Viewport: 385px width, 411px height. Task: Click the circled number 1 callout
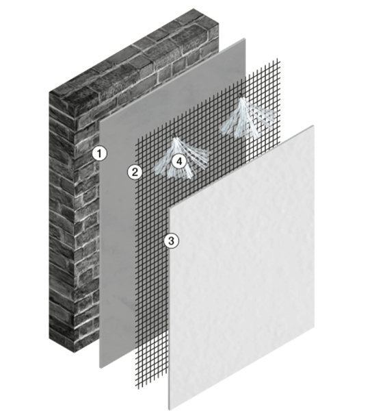coord(99,153)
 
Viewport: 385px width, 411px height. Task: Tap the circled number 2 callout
coord(135,173)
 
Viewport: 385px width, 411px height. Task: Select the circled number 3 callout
coord(172,240)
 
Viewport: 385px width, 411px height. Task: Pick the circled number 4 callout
coord(179,161)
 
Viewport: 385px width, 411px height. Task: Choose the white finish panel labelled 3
coord(241,267)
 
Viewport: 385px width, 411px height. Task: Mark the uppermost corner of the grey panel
coord(245,38)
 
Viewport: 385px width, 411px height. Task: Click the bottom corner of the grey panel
coord(101,368)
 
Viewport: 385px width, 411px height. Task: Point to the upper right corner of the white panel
coord(314,125)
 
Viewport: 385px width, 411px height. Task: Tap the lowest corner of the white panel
coord(169,410)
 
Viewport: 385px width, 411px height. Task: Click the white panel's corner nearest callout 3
coord(170,208)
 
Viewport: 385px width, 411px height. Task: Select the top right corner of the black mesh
coord(280,60)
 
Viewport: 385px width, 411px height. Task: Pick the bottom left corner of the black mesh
coord(136,388)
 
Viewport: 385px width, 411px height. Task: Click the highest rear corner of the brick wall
coord(194,9)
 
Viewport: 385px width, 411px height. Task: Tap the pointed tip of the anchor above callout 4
coord(174,135)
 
